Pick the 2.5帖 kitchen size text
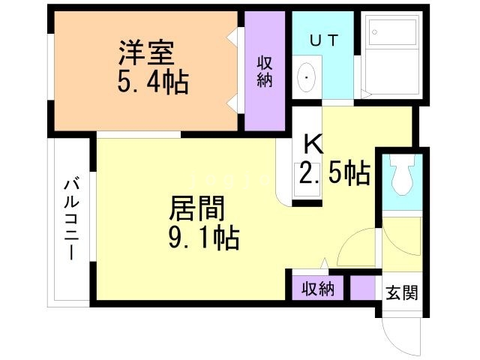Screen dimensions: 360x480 pyautogui.click(x=334, y=173)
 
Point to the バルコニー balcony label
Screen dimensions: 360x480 pyautogui.click(x=71, y=217)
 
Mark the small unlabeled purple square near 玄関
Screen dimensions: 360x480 pyautogui.click(x=362, y=289)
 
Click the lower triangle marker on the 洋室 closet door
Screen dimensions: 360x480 pyautogui.click(x=232, y=101)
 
